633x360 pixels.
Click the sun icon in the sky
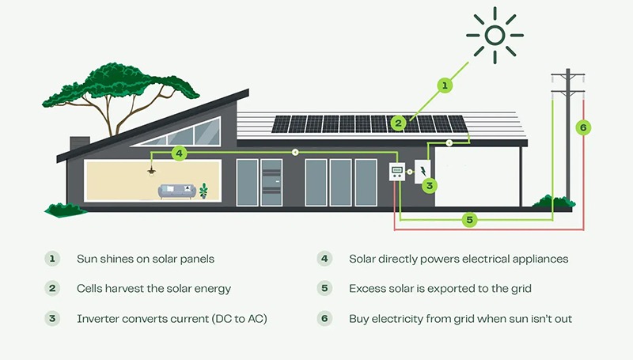[495, 35]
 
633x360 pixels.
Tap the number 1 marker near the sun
[445, 85]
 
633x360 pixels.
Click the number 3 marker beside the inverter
[430, 186]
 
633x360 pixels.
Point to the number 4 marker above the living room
[179, 153]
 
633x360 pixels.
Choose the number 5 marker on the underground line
[469, 219]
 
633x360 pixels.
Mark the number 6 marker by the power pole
[582, 127]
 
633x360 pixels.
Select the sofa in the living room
[176, 191]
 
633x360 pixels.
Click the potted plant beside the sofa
[204, 191]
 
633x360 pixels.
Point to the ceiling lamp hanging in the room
[150, 171]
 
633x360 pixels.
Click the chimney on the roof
[79, 143]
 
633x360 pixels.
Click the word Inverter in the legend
[98, 319]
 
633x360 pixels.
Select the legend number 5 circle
[324, 289]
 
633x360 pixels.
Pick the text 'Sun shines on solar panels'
[146, 259]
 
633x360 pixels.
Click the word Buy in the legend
[360, 319]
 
